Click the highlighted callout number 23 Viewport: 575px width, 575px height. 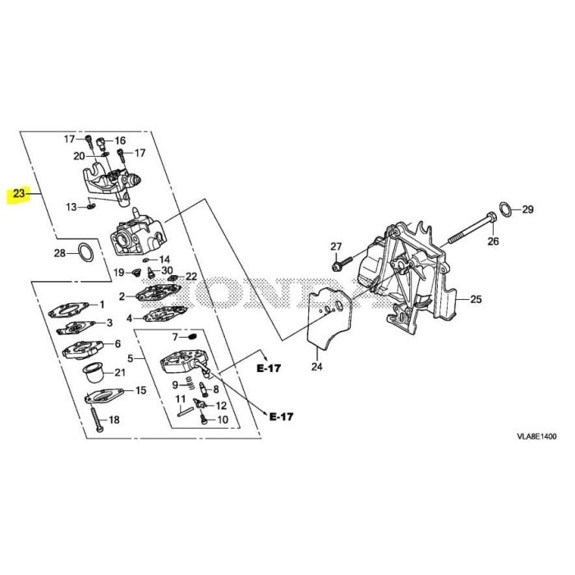pos(16,195)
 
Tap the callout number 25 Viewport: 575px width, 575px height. pos(477,298)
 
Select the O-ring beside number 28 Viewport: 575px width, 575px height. pos(84,252)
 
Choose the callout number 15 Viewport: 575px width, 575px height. pos(140,390)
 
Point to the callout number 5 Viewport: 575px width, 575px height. pos(129,357)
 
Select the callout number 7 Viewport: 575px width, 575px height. pos(174,336)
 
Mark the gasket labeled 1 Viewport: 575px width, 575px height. pos(71,310)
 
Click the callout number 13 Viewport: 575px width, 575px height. pos(71,206)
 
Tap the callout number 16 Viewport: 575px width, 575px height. pos(121,140)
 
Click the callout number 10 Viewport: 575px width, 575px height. pos(222,420)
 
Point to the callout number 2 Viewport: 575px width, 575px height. pos(121,296)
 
